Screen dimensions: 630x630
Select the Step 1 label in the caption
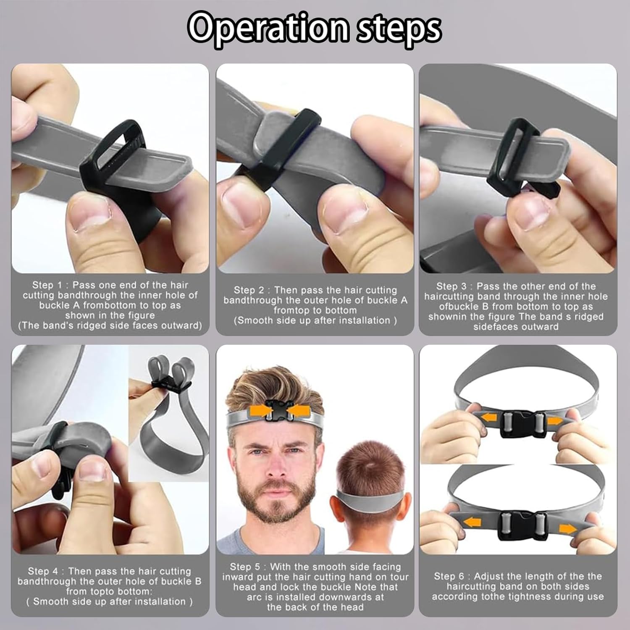[x=47, y=285]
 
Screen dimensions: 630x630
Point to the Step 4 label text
[x=42, y=571]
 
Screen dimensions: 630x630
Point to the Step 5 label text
[x=245, y=567]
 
